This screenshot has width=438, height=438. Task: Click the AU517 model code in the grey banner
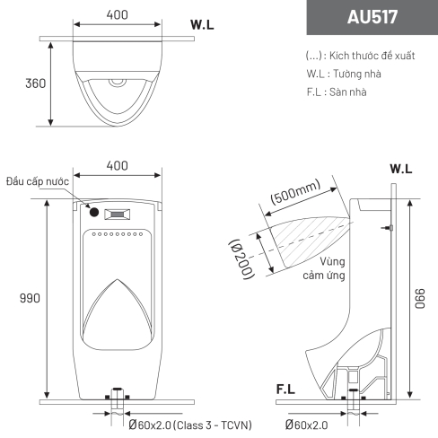[372, 17]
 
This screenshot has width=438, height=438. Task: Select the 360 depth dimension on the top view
[36, 83]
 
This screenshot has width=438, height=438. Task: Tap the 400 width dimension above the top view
[117, 14]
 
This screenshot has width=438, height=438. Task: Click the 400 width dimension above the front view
[117, 165]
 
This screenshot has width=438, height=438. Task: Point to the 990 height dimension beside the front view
[30, 298]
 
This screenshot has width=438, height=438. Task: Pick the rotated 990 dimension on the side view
[419, 299]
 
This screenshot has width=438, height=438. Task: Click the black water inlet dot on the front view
[94, 212]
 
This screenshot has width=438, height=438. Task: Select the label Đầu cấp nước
[38, 181]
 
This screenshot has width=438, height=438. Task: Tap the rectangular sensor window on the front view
[117, 215]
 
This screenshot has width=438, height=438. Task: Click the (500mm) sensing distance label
[295, 192]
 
